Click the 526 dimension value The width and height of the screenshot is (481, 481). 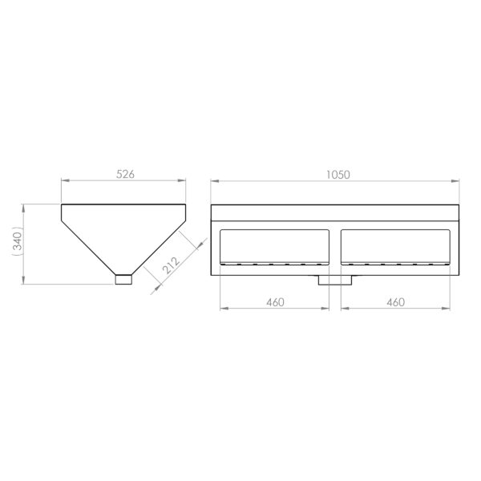(x=125, y=174)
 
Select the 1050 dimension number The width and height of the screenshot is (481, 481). (x=338, y=175)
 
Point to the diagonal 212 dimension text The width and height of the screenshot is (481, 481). (x=171, y=265)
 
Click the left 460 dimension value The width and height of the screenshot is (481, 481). (x=275, y=302)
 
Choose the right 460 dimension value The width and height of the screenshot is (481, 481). (x=396, y=302)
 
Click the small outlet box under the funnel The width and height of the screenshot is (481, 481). (x=123, y=280)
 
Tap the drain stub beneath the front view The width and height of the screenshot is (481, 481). (x=334, y=280)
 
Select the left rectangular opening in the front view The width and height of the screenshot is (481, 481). (x=274, y=247)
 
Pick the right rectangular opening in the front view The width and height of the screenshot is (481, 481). (x=395, y=247)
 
